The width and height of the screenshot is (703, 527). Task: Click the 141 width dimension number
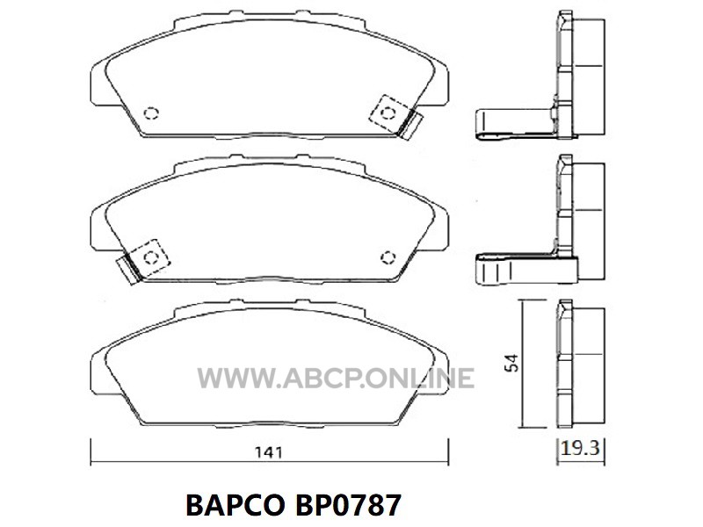coord(269,452)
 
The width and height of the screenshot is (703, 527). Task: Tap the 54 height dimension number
coord(511,363)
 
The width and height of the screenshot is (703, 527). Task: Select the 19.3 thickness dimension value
coord(580,448)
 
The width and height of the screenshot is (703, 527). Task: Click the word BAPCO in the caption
coord(235,506)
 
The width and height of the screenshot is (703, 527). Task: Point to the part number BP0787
coord(347,506)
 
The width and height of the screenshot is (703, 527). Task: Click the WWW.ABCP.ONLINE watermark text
coord(336,378)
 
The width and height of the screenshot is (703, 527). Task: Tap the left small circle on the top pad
coord(151,113)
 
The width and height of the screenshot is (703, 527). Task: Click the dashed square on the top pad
coord(388,113)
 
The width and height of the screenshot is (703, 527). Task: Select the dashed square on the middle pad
coord(150,257)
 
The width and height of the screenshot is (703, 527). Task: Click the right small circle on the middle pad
coord(388,257)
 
